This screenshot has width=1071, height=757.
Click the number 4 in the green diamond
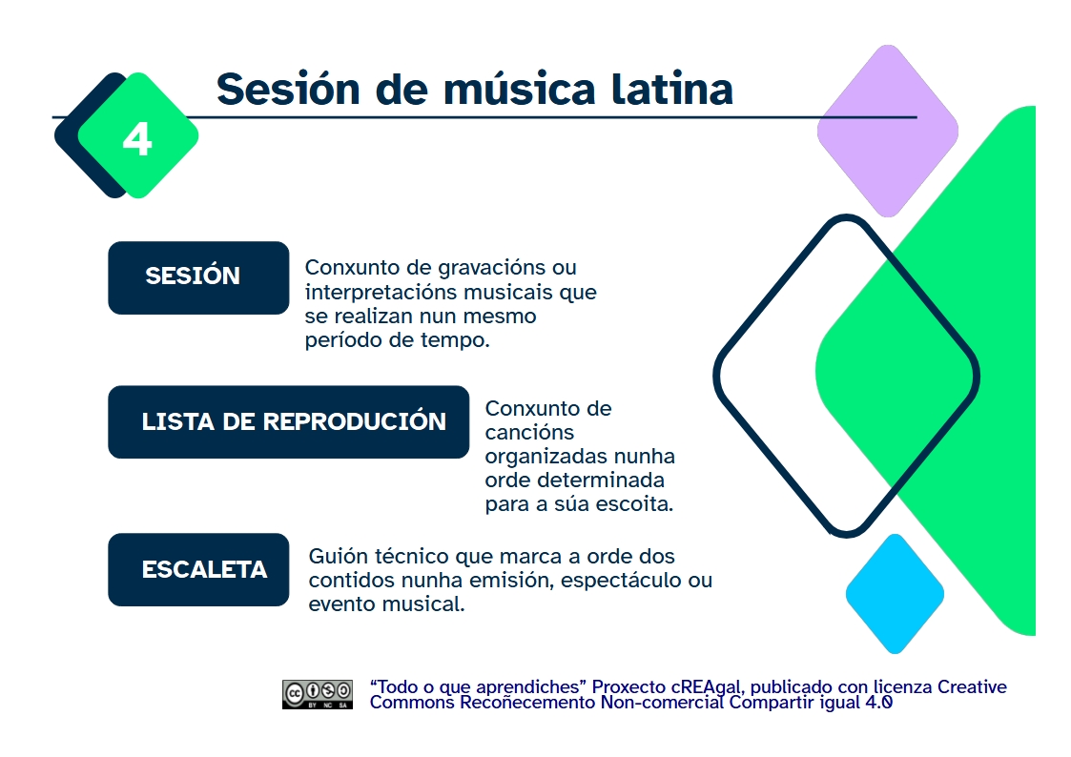coord(137,139)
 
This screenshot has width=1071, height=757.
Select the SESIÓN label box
coord(198,277)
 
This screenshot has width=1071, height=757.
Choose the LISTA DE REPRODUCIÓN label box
coord(288,421)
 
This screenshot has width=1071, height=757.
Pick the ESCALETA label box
coord(198,569)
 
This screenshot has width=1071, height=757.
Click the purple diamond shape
coord(887,131)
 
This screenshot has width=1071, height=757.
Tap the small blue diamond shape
coord(895,594)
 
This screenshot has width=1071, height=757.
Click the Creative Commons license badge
coord(317,694)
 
